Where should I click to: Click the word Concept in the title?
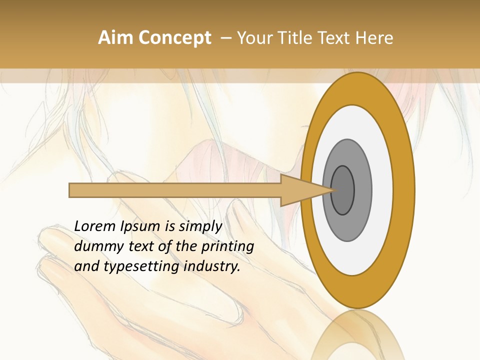pos(175,38)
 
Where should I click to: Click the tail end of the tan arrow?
pos(71,190)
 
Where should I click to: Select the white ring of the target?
pos(382,190)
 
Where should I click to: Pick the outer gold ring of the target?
pos(404,190)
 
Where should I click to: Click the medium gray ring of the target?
pos(363,190)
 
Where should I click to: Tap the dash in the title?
pos(225,38)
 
